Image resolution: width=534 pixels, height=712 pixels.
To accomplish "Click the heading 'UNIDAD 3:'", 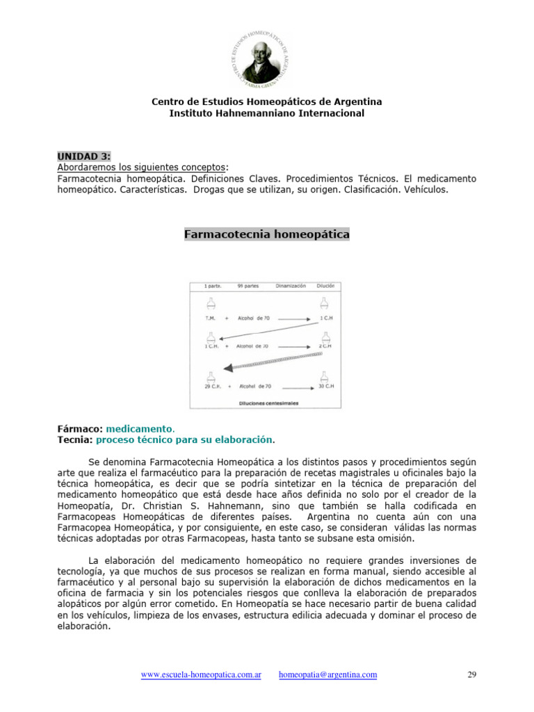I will pyautogui.click(x=83, y=156).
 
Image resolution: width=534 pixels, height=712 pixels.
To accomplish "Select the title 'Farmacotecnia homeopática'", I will pyautogui.click(x=267, y=234).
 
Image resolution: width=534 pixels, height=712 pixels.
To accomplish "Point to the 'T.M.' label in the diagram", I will pyautogui.click(x=210, y=319).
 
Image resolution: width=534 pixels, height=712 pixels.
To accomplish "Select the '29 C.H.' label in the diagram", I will pyautogui.click(x=212, y=386).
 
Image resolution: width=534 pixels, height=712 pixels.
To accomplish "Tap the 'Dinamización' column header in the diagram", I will pyautogui.click(x=290, y=286).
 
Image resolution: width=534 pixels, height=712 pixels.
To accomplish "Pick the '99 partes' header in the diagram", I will pyautogui.click(x=248, y=286).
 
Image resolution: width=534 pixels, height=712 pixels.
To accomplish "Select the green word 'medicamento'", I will pyautogui.click(x=139, y=429).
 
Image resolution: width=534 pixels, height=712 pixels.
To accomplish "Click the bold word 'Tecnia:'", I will pyautogui.click(x=75, y=439).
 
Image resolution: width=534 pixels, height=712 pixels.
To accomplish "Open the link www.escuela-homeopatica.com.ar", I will pyautogui.click(x=201, y=674).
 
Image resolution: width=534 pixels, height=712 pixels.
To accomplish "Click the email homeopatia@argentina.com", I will pyautogui.click(x=327, y=674).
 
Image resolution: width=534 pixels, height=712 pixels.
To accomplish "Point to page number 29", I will pyautogui.click(x=471, y=674).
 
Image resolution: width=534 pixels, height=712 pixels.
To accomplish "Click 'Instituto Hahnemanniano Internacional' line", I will pyautogui.click(x=267, y=113).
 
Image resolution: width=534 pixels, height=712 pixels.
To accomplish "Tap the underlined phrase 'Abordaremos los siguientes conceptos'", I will pyautogui.click(x=141, y=167).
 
